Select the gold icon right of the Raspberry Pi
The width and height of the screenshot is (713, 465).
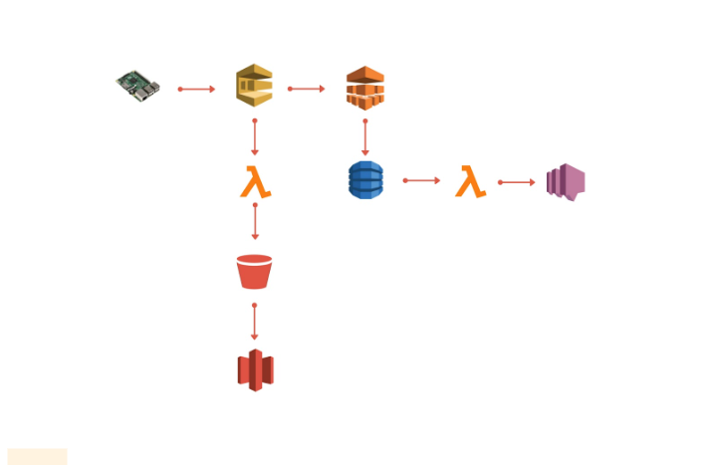[x=254, y=87]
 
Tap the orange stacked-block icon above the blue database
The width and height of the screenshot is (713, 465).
[x=364, y=88]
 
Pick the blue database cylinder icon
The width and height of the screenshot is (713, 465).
[x=364, y=180]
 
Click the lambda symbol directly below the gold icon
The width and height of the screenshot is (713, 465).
[x=256, y=182]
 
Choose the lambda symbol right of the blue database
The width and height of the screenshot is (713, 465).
[x=470, y=182]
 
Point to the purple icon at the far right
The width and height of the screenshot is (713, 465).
[x=566, y=182]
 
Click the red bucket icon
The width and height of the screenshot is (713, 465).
[x=254, y=272]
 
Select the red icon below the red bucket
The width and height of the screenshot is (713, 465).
[x=255, y=370]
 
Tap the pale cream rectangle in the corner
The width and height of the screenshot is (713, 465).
[x=36, y=456]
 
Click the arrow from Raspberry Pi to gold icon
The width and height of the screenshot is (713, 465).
[x=197, y=89]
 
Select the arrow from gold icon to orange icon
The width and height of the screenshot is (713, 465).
[x=307, y=89]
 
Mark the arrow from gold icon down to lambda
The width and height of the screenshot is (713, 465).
[x=255, y=137]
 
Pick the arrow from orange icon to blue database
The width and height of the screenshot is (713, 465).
[x=365, y=137]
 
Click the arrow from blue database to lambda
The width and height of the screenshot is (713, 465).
[x=422, y=180]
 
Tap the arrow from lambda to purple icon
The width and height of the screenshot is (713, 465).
[x=517, y=182]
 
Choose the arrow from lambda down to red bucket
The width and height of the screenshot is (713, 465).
[x=255, y=222]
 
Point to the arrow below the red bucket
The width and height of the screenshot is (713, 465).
[x=255, y=322]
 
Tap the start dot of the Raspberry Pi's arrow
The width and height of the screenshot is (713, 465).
[x=180, y=89]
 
